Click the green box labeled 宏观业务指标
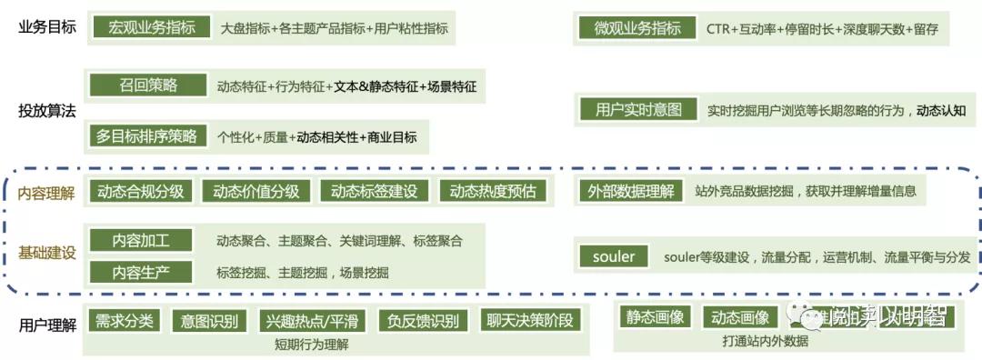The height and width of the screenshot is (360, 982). click(x=152, y=28)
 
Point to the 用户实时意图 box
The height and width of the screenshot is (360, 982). click(x=638, y=110)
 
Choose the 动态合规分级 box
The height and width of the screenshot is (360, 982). click(x=141, y=191)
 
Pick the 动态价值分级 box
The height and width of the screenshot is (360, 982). click(x=256, y=191)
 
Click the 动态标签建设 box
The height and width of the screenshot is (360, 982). click(x=374, y=191)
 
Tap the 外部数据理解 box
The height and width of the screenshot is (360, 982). click(x=631, y=191)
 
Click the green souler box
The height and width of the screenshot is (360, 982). click(x=614, y=256)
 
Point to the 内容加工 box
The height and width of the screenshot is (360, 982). click(x=141, y=241)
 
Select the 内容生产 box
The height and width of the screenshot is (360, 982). click(x=141, y=272)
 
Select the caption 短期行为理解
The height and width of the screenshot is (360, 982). click(x=312, y=345)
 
